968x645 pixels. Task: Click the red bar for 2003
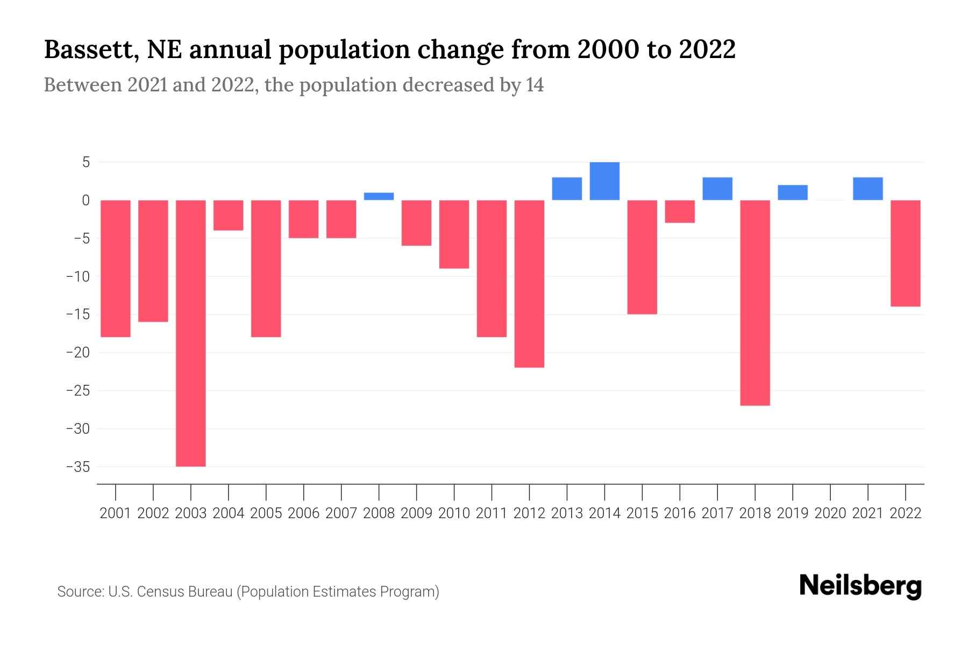tap(191, 333)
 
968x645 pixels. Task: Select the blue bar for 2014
tap(604, 181)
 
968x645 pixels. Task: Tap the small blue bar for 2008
tap(379, 196)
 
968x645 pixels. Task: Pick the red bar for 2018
tap(755, 303)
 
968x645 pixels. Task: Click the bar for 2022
tap(906, 253)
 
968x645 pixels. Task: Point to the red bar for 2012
tap(529, 284)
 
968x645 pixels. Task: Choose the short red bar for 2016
tap(680, 211)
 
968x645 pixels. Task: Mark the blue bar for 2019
tap(793, 192)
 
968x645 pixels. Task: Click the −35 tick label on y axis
tap(77, 467)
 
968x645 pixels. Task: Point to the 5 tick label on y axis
tap(86, 162)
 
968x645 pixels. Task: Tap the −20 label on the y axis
tap(77, 353)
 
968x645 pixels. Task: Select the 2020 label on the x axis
tap(830, 513)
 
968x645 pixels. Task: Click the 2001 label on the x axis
tap(116, 513)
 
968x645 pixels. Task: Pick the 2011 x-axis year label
tap(492, 513)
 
